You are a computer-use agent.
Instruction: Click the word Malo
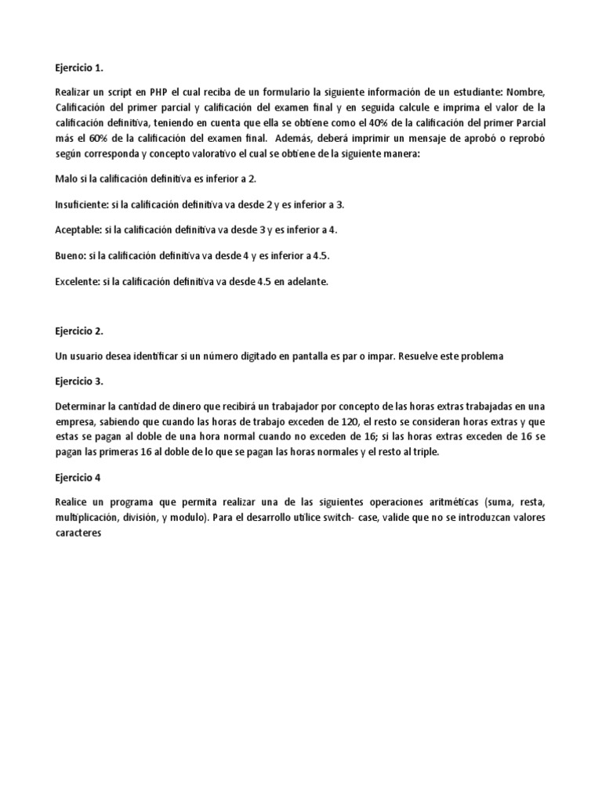[67, 179]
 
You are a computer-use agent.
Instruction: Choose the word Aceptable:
[78, 229]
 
